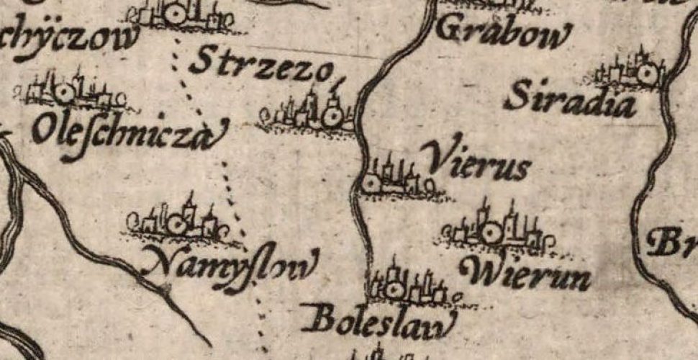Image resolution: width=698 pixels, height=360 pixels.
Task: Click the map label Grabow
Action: pos(504,32)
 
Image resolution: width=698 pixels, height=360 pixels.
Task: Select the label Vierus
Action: pos(476,161)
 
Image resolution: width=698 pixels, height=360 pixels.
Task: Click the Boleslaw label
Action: pos(379,320)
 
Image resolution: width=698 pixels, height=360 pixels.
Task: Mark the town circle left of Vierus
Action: pos(371,184)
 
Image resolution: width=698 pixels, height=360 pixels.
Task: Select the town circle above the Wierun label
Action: pos(492,233)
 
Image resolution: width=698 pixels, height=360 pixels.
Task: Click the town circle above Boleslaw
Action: pos(394,291)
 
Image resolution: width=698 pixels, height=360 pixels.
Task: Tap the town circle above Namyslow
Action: pos(176,225)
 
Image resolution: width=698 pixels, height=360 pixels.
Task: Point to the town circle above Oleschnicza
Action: pos(63,92)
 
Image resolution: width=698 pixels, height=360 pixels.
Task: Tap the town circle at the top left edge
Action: pos(174,13)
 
